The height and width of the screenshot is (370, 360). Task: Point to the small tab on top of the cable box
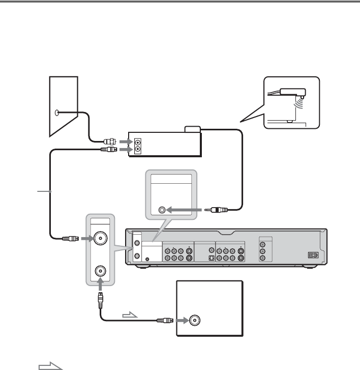point(193,130)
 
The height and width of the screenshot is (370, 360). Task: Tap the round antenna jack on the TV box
point(195,321)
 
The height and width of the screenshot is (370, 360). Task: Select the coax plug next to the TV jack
point(167,321)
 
